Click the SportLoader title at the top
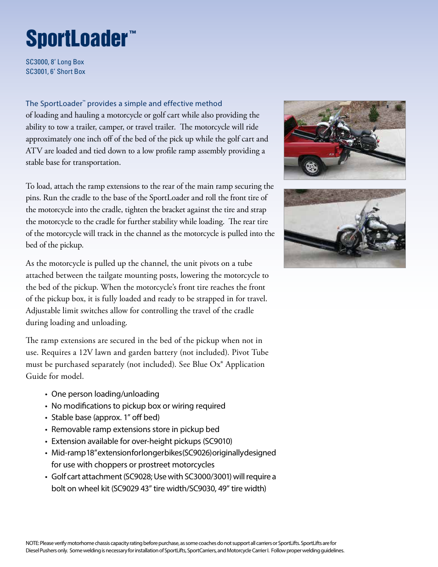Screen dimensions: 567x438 pyautogui.click(x=77, y=39)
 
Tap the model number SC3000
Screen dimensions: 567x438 pyautogui.click(x=37, y=62)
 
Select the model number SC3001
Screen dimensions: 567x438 pyautogui.click(x=37, y=72)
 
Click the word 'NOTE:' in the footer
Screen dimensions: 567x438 pyautogui.click(x=32, y=543)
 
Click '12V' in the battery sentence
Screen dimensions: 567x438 pyautogui.click(x=86, y=353)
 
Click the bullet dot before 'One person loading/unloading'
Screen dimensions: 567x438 pyautogui.click(x=46, y=394)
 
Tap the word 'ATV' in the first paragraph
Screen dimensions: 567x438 pyautogui.click(x=34, y=151)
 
